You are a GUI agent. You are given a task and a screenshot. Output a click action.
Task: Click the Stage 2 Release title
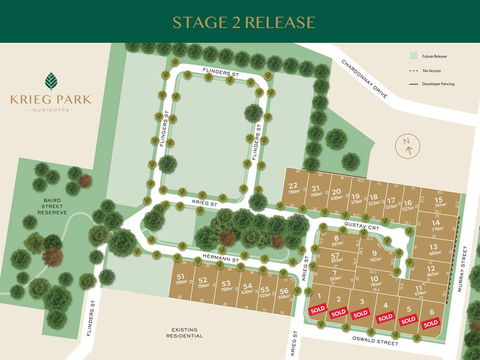(244, 22)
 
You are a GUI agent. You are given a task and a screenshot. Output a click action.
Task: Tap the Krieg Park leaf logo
(51, 81)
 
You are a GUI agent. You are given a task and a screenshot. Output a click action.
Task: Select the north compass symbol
(408, 145)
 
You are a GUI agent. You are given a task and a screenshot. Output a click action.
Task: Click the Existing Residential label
(184, 333)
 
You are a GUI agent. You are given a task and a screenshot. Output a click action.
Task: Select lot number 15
(438, 200)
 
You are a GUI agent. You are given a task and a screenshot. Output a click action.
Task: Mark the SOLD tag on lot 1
(318, 310)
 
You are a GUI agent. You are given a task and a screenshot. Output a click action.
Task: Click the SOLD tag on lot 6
(430, 323)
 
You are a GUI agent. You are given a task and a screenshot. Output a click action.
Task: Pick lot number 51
(180, 276)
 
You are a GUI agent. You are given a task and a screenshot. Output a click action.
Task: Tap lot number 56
(284, 290)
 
